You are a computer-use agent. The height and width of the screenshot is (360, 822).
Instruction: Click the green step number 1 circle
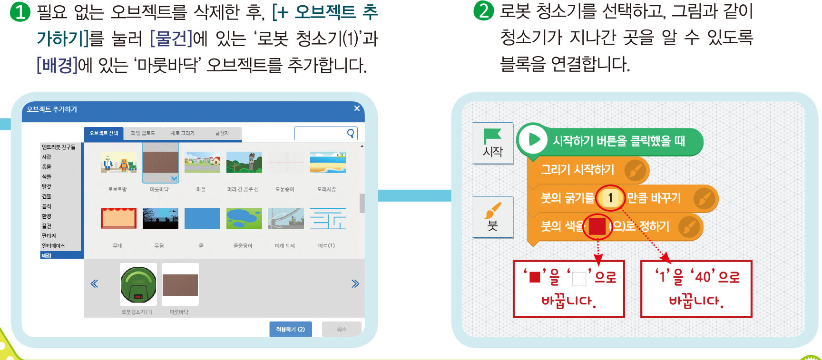pyautogui.click(x=20, y=11)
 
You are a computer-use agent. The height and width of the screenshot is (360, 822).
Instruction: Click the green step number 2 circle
pyautogui.click(x=483, y=10)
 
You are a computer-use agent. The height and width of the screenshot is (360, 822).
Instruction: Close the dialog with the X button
pyautogui.click(x=357, y=108)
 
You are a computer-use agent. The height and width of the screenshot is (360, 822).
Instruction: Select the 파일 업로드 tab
pyautogui.click(x=143, y=133)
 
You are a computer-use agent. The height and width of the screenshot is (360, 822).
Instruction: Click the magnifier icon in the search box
pyautogui.click(x=351, y=133)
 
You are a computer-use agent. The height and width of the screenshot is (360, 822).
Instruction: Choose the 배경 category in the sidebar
pyautogui.click(x=47, y=255)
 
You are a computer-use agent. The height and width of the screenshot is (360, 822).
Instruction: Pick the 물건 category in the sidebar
pyautogui.click(x=47, y=226)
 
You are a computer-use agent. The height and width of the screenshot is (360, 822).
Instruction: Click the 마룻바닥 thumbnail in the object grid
pyautogui.click(x=160, y=163)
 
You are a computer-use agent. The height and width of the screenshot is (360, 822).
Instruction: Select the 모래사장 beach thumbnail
pyautogui.click(x=328, y=163)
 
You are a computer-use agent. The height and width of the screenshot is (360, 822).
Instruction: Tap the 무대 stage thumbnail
pyautogui.click(x=118, y=218)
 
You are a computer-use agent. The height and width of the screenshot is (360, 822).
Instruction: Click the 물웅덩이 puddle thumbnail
pyautogui.click(x=244, y=218)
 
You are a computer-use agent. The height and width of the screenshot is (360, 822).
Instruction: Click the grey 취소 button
pyautogui.click(x=342, y=329)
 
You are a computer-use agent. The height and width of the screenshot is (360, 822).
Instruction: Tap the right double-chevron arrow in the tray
pyautogui.click(x=355, y=284)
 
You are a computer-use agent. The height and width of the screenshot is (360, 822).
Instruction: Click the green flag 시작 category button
pyautogui.click(x=493, y=143)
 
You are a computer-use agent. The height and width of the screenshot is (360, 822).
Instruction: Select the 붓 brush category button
pyautogui.click(x=493, y=217)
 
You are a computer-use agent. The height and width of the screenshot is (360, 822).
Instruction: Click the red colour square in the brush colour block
pyautogui.click(x=597, y=226)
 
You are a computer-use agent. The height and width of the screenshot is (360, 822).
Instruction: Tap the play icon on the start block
pyautogui.click(x=533, y=140)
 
